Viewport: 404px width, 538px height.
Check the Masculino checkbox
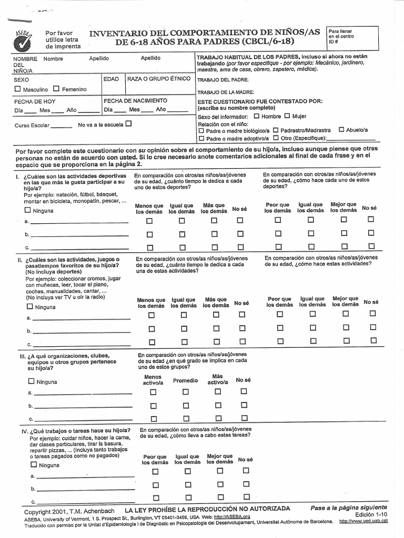(18, 89)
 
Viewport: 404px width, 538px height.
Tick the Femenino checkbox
(56, 89)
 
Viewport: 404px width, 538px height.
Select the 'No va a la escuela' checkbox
(128, 125)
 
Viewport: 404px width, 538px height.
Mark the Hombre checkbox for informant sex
(256, 116)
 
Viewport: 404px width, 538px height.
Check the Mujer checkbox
(287, 116)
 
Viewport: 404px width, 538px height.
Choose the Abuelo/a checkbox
(341, 130)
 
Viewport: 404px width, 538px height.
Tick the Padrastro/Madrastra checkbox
(275, 130)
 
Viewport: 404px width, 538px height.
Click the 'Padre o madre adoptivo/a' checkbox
(201, 139)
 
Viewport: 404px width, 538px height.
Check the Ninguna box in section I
(27, 210)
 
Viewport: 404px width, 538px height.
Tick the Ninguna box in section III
(31, 381)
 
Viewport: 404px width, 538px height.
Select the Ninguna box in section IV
(34, 464)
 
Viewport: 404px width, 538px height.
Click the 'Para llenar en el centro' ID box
(347, 36)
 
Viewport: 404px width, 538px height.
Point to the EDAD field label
(111, 79)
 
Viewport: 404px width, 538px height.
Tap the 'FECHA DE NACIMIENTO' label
(135, 100)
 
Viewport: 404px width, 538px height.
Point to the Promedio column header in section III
(185, 380)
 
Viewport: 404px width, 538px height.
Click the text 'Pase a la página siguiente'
(348, 508)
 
